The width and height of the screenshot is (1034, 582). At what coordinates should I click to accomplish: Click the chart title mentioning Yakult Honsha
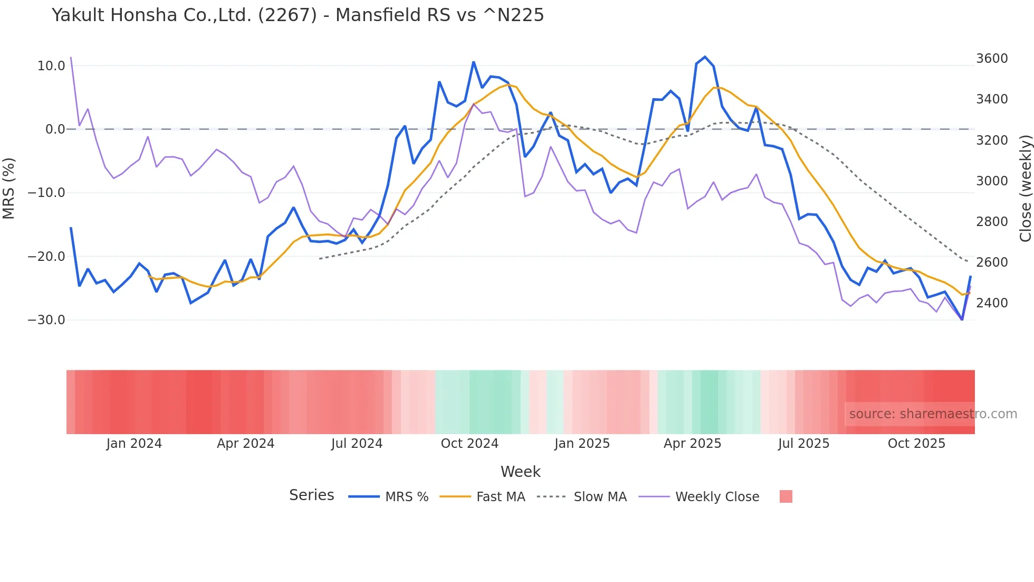pyautogui.click(x=298, y=15)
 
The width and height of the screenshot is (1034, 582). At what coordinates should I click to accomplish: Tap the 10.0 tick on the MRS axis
pyautogui.click(x=51, y=66)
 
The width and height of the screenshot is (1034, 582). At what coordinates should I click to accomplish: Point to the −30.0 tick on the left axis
pyautogui.click(x=46, y=320)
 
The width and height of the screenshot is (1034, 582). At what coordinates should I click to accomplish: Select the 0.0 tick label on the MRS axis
pyautogui.click(x=55, y=129)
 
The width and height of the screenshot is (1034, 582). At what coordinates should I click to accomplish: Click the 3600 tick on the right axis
pyautogui.click(x=992, y=59)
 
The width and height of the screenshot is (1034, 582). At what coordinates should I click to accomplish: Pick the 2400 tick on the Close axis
pyautogui.click(x=992, y=303)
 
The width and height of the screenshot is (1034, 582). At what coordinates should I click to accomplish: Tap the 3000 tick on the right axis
pyautogui.click(x=992, y=181)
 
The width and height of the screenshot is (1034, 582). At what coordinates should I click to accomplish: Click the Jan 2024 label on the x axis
pyautogui.click(x=134, y=444)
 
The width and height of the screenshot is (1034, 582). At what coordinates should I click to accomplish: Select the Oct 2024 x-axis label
pyautogui.click(x=470, y=444)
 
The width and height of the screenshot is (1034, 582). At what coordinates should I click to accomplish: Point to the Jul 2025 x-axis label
pyautogui.click(x=803, y=444)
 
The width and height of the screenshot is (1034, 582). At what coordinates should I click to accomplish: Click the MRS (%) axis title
pyautogui.click(x=9, y=188)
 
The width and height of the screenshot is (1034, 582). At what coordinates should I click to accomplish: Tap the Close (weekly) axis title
pyautogui.click(x=1025, y=188)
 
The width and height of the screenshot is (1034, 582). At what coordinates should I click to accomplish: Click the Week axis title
pyautogui.click(x=520, y=472)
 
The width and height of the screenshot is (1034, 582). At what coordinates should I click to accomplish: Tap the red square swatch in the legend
pyautogui.click(x=786, y=496)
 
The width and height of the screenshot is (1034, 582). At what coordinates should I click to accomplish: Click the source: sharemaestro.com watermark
pyautogui.click(x=933, y=414)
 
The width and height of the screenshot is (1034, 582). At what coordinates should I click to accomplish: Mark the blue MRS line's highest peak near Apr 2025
pyautogui.click(x=705, y=57)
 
